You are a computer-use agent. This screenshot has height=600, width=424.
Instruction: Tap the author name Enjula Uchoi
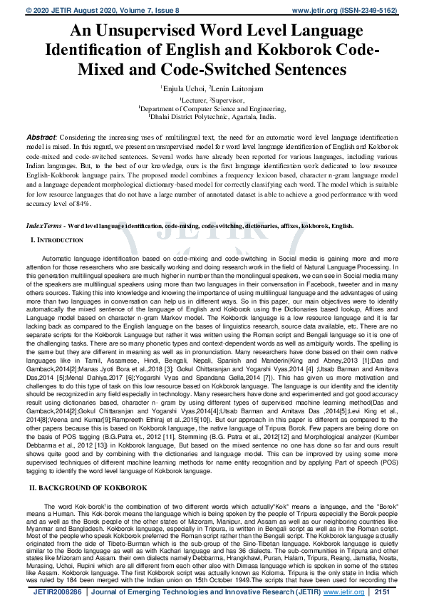point(183,87)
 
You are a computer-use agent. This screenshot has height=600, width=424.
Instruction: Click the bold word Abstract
point(41,136)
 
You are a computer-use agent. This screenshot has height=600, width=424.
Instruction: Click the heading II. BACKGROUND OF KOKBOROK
point(88,448)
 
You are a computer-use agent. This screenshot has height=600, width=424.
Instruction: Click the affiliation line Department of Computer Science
point(212,108)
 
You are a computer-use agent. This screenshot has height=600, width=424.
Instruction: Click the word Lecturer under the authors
point(193,100)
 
